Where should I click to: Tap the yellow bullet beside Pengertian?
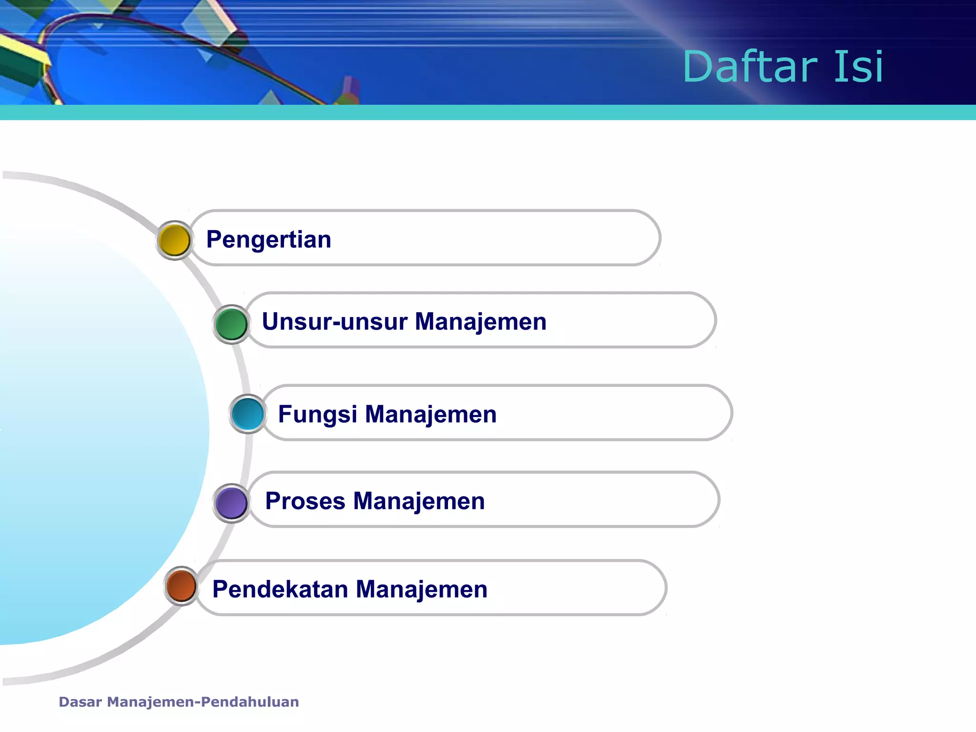[x=174, y=240]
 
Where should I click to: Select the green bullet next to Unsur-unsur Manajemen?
[x=231, y=324]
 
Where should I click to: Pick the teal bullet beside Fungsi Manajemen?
[x=248, y=414]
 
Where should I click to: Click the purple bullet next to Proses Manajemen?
[x=231, y=503]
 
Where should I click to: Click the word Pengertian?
[x=268, y=240]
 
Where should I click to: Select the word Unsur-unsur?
[x=335, y=322]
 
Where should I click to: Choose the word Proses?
[x=305, y=501]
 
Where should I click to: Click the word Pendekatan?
[x=280, y=590]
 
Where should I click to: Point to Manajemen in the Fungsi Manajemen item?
[x=431, y=414]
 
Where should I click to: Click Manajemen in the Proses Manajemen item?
[x=419, y=501]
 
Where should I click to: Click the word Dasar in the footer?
[x=80, y=702]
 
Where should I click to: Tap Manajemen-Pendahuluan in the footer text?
[x=203, y=702]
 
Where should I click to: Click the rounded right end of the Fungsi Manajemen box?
[x=725, y=413]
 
